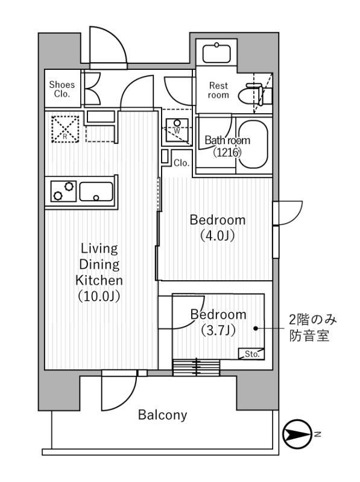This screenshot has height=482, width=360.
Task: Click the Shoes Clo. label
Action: point(62,89)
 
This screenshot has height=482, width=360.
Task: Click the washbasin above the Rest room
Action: point(216,53)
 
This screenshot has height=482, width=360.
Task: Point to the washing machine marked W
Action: point(177,127)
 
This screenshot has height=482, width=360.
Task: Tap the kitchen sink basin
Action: point(96,192)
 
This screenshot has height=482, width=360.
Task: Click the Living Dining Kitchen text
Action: point(99,272)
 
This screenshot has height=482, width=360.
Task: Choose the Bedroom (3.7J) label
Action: point(218,322)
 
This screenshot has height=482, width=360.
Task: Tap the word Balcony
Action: point(162,415)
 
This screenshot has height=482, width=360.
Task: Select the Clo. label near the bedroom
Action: point(182,163)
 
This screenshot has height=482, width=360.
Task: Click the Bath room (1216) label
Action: point(227,146)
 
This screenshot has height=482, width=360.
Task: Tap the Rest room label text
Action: point(218,90)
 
